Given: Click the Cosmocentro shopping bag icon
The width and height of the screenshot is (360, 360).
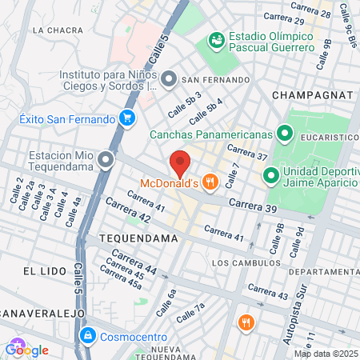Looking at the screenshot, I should (88, 334).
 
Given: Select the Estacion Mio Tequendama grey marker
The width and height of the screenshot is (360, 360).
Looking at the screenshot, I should (107, 162).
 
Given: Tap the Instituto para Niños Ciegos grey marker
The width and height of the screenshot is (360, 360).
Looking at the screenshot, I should (169, 79).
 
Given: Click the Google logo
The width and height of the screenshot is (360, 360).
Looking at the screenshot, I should (26, 350).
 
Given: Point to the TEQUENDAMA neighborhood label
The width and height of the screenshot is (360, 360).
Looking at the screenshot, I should (131, 238).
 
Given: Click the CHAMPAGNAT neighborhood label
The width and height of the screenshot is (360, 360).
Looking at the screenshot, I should (312, 94).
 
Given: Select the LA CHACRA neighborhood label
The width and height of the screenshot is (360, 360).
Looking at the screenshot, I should (59, 30).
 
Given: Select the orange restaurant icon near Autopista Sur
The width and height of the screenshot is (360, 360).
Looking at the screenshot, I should (245, 323).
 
